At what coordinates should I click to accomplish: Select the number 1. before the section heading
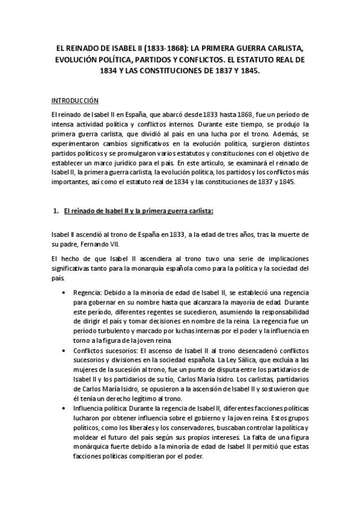click(x=56, y=210)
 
